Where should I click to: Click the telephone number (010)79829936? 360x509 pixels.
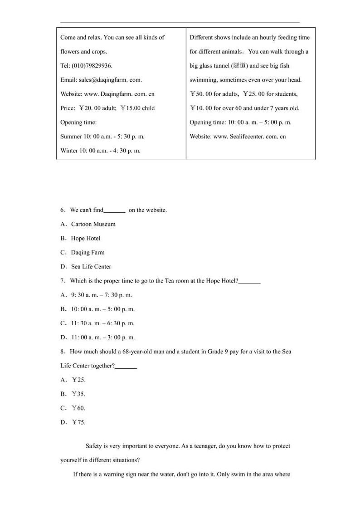tap(92, 66)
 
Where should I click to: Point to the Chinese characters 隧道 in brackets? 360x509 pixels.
tap(239, 66)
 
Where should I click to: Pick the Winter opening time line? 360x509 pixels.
tap(100, 151)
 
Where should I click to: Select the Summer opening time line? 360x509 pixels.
tap(102, 136)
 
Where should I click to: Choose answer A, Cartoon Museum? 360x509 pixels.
tap(93, 224)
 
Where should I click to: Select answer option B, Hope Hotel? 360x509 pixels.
tap(86, 238)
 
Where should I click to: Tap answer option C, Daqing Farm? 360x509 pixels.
tap(88, 252)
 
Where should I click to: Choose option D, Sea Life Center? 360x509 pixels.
tap(91, 267)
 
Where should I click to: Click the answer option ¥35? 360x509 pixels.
tap(78, 394)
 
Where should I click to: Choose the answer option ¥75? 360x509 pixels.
tap(78, 422)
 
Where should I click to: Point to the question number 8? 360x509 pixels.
tap(63, 352)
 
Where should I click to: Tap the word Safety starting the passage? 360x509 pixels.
tap(94, 446)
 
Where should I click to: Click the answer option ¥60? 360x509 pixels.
tap(78, 408)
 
